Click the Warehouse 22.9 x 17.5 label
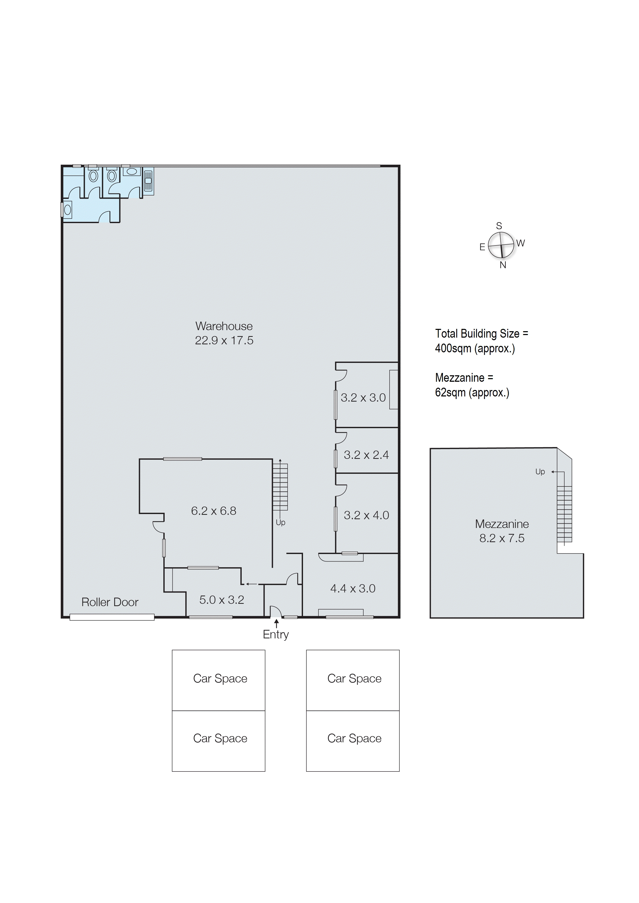pyautogui.click(x=224, y=333)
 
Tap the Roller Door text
pyautogui.click(x=110, y=602)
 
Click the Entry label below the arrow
pyautogui.click(x=275, y=634)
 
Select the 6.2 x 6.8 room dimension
pyautogui.click(x=214, y=511)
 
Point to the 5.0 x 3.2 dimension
pyautogui.click(x=222, y=600)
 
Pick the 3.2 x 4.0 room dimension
pyautogui.click(x=366, y=515)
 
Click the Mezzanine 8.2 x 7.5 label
pyautogui.click(x=502, y=531)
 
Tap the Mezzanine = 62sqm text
pyautogui.click(x=472, y=385)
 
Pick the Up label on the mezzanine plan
pyautogui.click(x=540, y=472)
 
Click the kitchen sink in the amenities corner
pyautogui.click(x=148, y=181)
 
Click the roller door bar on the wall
pyautogui.click(x=112, y=617)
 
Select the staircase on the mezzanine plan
pyautogui.click(x=564, y=514)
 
